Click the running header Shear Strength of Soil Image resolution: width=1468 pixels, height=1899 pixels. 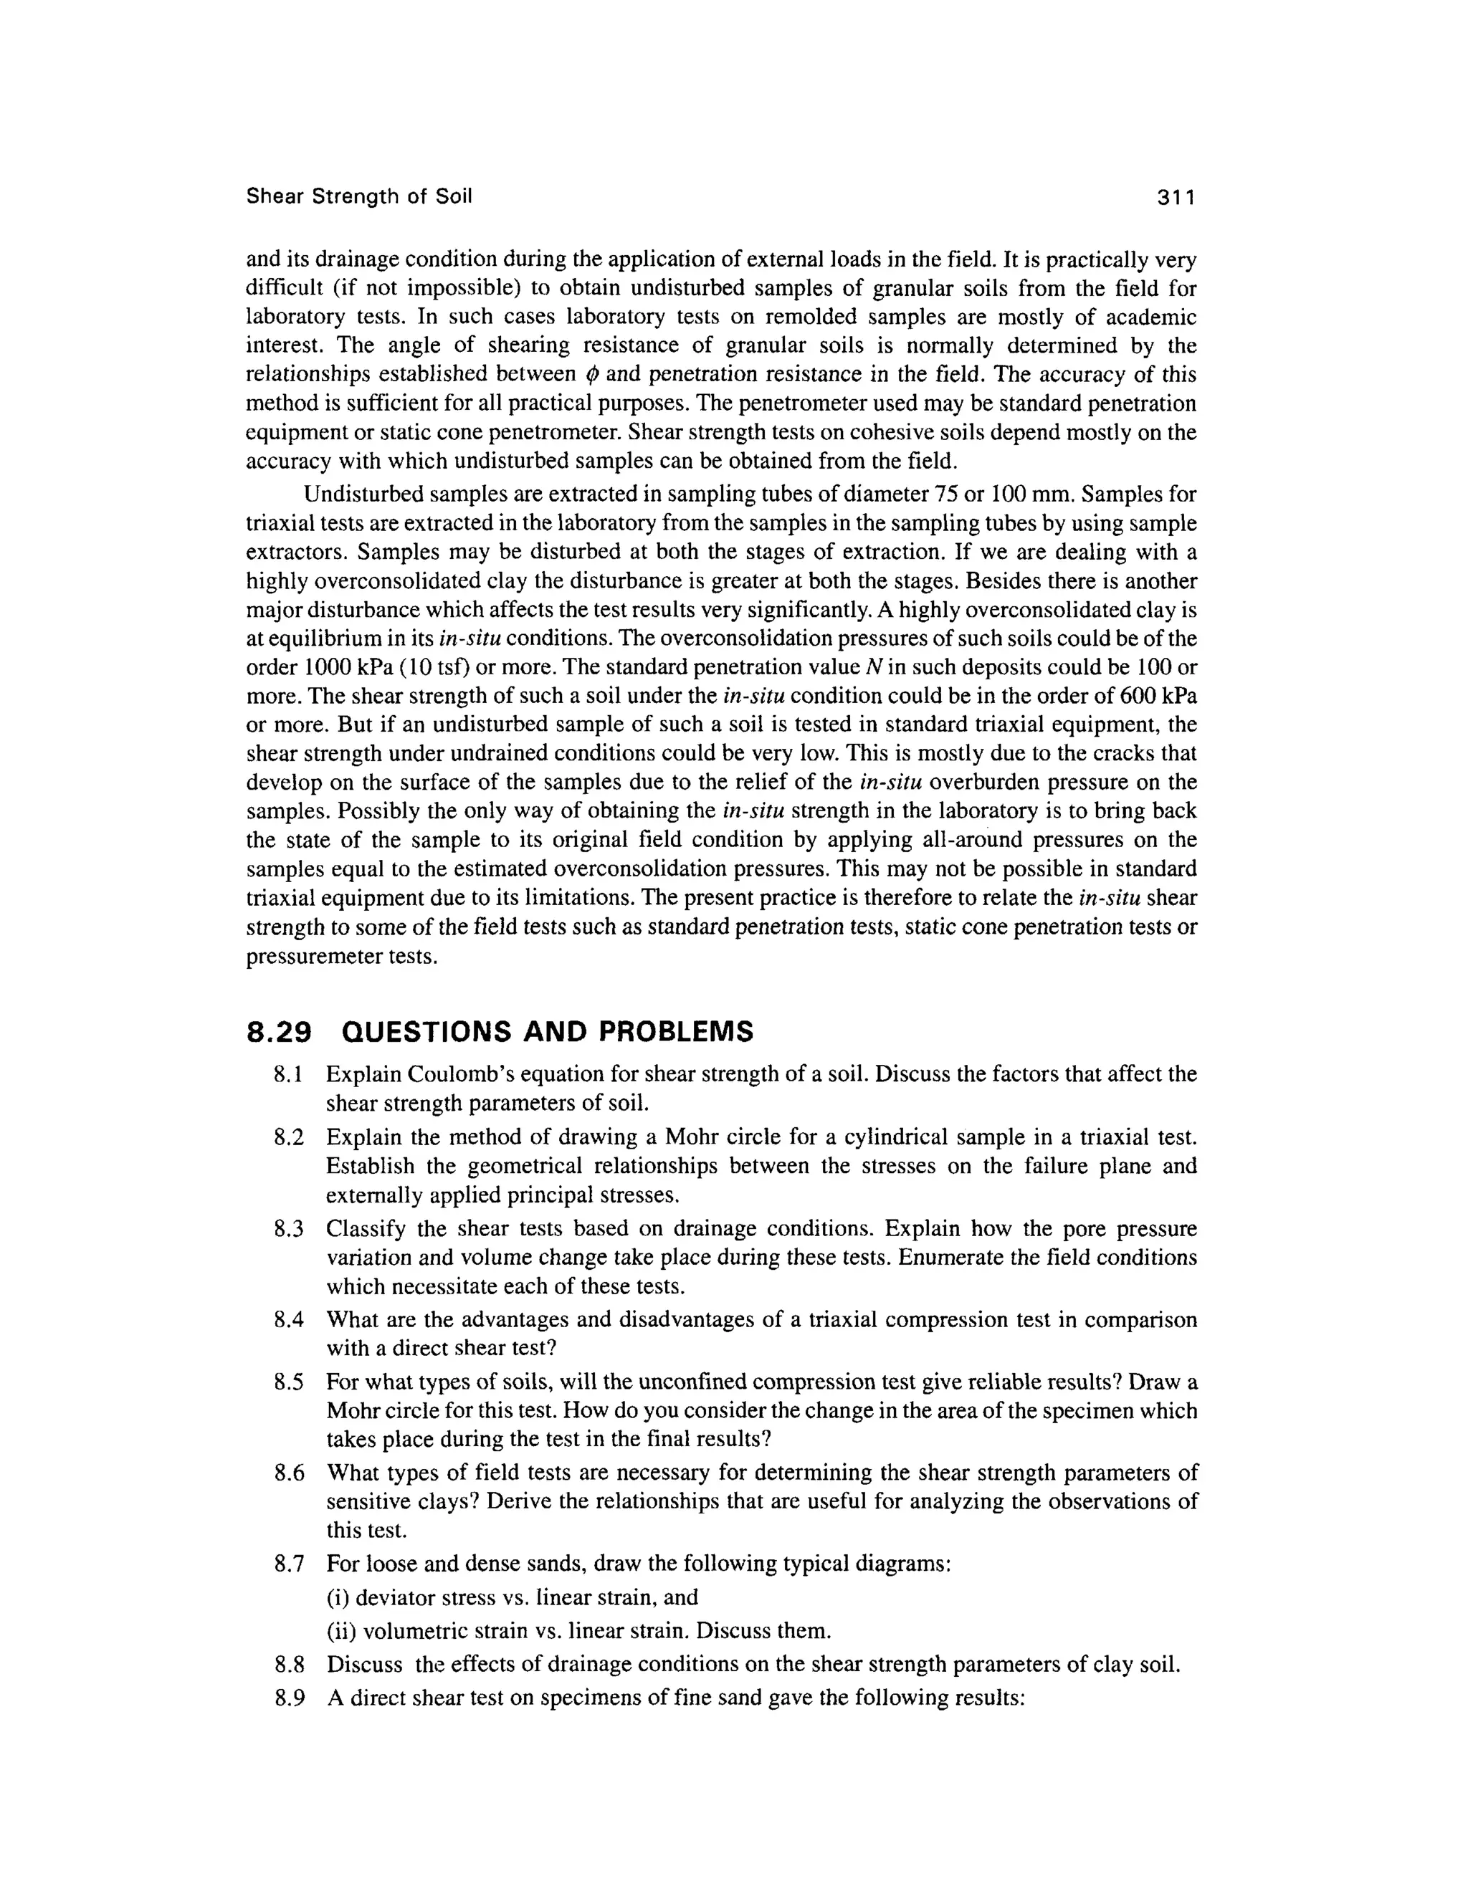point(359,196)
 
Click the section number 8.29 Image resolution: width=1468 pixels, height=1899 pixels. point(278,1032)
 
